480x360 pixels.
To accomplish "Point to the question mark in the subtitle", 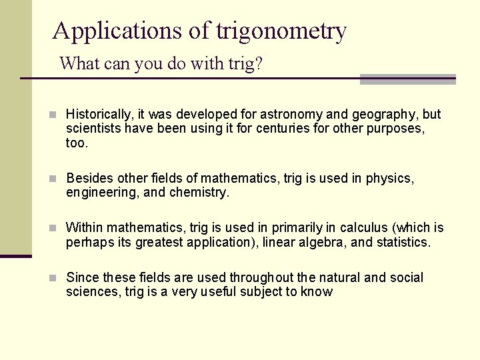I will (259, 64).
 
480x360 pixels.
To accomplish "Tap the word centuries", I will (282, 129).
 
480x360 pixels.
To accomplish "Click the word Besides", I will (89, 179).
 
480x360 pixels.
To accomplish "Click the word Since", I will (82, 277).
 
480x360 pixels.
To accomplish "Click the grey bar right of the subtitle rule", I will (407, 79).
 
